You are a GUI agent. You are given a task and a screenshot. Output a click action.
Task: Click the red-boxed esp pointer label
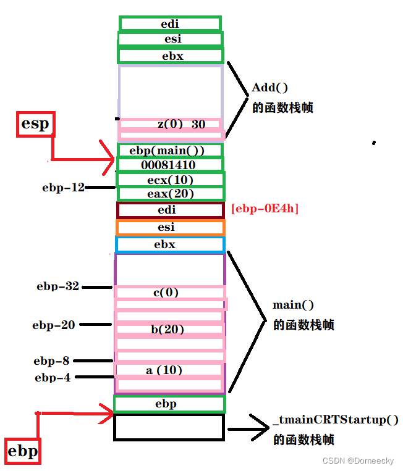click(35, 124)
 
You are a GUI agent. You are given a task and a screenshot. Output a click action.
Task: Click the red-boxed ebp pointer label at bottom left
click(22, 451)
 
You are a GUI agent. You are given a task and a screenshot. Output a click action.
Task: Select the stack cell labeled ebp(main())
click(170, 151)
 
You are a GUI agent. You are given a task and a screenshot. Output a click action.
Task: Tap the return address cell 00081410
click(170, 165)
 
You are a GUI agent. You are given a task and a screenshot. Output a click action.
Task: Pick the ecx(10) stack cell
click(170, 180)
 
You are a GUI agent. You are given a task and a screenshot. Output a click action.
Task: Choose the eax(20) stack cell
click(170, 194)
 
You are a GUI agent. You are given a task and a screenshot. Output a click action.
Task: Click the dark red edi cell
click(170, 210)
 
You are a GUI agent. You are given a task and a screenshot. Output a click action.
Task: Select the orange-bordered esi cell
click(170, 228)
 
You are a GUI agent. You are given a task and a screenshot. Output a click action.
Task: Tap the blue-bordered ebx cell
click(170, 244)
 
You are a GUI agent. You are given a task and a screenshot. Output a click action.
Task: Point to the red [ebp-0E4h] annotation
click(265, 209)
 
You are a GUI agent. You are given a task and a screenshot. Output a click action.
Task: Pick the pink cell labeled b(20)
click(168, 330)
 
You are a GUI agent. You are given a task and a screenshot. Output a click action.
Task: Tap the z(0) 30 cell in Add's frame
click(170, 125)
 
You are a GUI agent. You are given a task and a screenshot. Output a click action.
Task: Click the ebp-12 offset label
click(63, 187)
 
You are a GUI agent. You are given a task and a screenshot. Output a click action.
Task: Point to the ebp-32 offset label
click(57, 286)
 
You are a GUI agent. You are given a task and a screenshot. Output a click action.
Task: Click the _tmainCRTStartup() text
click(335, 420)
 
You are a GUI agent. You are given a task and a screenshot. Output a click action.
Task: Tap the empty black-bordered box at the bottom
click(169, 427)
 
